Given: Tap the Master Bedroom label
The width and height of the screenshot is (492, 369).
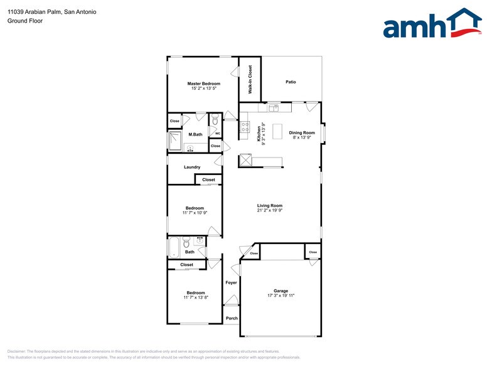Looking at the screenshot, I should [x=204, y=83].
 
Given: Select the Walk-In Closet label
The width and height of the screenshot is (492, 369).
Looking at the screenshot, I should [x=250, y=80].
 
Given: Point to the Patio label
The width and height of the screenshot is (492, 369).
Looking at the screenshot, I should [x=291, y=82].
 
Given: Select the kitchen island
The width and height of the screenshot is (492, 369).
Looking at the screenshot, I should [x=277, y=131].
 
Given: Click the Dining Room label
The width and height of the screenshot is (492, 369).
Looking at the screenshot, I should [x=302, y=133].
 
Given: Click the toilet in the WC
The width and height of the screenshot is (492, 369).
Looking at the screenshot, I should [x=215, y=120].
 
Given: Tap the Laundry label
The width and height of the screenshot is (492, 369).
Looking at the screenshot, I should [x=192, y=167].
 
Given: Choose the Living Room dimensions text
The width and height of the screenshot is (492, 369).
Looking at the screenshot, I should [x=270, y=211].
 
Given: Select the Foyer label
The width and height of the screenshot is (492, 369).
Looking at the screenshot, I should [x=232, y=283].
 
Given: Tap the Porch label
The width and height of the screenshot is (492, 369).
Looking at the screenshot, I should [x=232, y=318].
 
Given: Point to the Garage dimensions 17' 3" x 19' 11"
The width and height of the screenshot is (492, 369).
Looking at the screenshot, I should [x=281, y=296].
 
